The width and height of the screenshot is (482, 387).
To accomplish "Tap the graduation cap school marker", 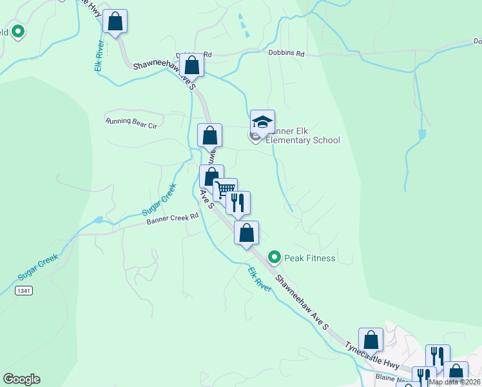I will [262, 121].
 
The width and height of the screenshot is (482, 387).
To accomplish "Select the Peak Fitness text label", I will [310, 259].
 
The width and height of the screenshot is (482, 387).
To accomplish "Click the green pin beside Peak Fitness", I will [275, 258].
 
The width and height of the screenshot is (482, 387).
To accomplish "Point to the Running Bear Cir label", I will [131, 121].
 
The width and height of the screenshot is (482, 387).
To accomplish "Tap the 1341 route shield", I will [24, 291].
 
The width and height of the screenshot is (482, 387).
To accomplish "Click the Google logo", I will [21, 379].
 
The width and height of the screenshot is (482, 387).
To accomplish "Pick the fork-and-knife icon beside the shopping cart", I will [238, 203].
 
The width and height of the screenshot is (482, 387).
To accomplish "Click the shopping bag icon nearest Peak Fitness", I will [246, 232].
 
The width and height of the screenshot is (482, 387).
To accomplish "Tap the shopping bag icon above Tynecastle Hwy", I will [371, 339].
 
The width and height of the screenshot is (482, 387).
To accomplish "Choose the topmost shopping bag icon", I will [115, 21].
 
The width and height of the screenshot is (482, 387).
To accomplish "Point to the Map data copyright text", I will [454, 382].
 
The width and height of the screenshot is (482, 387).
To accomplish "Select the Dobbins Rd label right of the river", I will [286, 54].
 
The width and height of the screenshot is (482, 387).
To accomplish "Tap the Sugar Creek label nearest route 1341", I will [37, 266].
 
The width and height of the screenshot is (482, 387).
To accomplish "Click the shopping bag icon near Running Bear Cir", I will [209, 135].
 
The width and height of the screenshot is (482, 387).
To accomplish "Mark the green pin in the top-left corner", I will [17, 30].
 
